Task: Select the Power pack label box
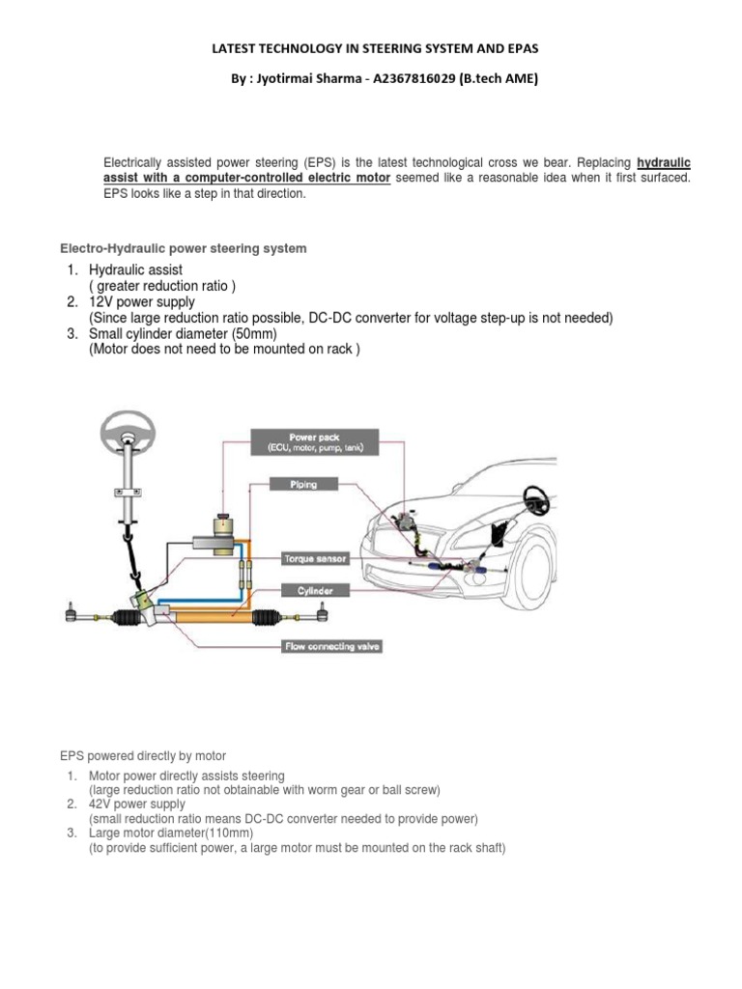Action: pos(314,443)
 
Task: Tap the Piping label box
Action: pos(302,484)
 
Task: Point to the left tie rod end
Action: pos(73,611)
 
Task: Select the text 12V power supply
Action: pos(141,302)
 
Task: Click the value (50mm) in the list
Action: pos(249,334)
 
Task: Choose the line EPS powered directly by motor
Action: pos(143,756)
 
